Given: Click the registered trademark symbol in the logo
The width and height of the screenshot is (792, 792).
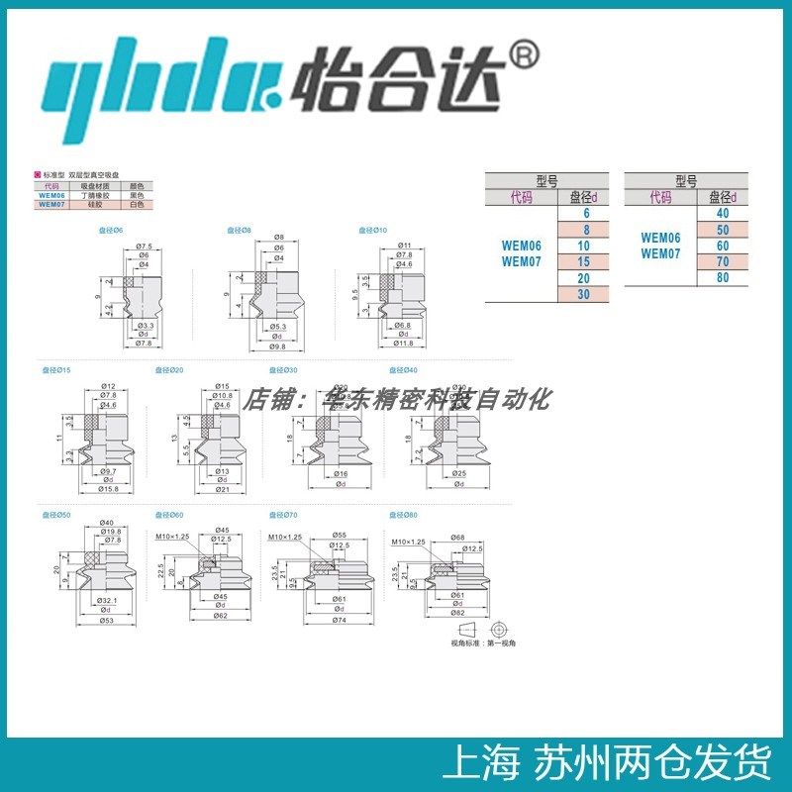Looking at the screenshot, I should point(524,55).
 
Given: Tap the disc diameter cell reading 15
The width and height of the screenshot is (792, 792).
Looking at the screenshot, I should point(584,261).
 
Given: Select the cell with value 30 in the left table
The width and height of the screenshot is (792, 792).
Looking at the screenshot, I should point(584,294).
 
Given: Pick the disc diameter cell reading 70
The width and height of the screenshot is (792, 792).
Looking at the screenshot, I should point(722,261).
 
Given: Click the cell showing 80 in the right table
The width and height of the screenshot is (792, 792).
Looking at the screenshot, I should point(722,278).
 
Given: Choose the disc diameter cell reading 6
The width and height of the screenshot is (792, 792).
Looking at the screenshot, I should point(584,214).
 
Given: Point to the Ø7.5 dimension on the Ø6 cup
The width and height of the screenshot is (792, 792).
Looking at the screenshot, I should point(144,246).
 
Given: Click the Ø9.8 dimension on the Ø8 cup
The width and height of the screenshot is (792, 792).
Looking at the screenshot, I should point(278,346).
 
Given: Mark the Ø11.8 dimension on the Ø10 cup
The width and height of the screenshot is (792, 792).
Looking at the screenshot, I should point(404,344).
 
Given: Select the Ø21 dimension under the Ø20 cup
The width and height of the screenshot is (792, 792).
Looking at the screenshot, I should point(223,488).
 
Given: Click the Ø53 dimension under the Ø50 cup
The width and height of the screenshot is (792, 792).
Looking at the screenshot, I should point(107,622).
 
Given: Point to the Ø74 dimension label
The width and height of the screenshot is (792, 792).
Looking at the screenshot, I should point(339,622).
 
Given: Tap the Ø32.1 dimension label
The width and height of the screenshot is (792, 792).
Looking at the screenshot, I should point(108,601).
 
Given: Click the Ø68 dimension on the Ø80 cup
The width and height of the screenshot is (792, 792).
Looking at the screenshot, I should point(457,537).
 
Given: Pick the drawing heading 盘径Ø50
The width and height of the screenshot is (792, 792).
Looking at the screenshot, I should point(55,515).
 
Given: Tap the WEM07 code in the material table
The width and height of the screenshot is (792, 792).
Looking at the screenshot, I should point(51,204).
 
